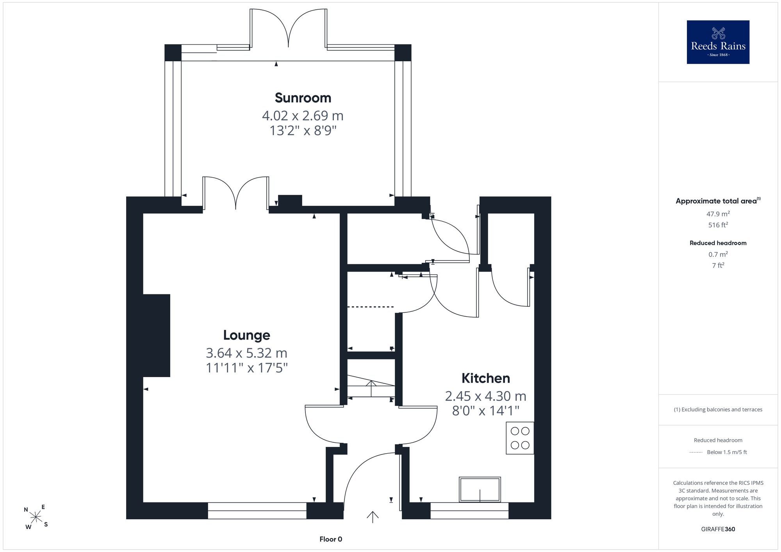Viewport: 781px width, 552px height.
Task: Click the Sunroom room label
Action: tap(303, 98)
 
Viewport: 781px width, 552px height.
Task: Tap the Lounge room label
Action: tap(246, 335)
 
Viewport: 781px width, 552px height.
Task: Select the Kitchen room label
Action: tap(486, 378)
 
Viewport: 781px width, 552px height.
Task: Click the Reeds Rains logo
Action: tap(718, 42)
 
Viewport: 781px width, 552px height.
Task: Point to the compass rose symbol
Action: tap(36, 517)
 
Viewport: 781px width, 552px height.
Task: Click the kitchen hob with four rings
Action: tap(520, 438)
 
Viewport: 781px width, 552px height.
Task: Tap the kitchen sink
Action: tap(480, 490)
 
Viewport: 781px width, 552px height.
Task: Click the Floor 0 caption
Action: tap(331, 539)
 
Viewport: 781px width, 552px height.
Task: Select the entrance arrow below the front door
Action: tap(373, 517)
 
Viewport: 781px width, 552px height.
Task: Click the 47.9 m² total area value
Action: tap(718, 214)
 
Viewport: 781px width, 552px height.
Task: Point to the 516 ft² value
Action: tap(718, 224)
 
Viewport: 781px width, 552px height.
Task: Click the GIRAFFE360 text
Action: tap(718, 529)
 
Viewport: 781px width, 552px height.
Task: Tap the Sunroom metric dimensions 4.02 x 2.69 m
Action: tap(303, 116)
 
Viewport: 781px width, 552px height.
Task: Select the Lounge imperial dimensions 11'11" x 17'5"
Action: tap(247, 368)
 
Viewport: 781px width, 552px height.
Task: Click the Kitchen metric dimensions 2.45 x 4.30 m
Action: tap(486, 396)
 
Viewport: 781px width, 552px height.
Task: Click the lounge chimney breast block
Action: tap(157, 335)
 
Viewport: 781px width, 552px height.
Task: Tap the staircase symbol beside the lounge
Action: tap(371, 386)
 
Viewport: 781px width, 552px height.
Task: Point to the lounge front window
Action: tap(257, 511)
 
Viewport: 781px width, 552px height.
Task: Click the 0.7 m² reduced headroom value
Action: tap(718, 254)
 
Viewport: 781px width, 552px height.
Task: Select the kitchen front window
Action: tap(469, 511)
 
